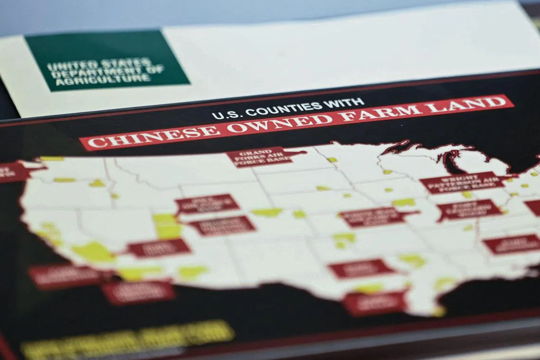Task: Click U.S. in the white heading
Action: pyautogui.click(x=223, y=114)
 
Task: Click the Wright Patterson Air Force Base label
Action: pyautogui.click(x=462, y=182)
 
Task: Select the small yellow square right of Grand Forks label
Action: pyautogui.click(x=332, y=160)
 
